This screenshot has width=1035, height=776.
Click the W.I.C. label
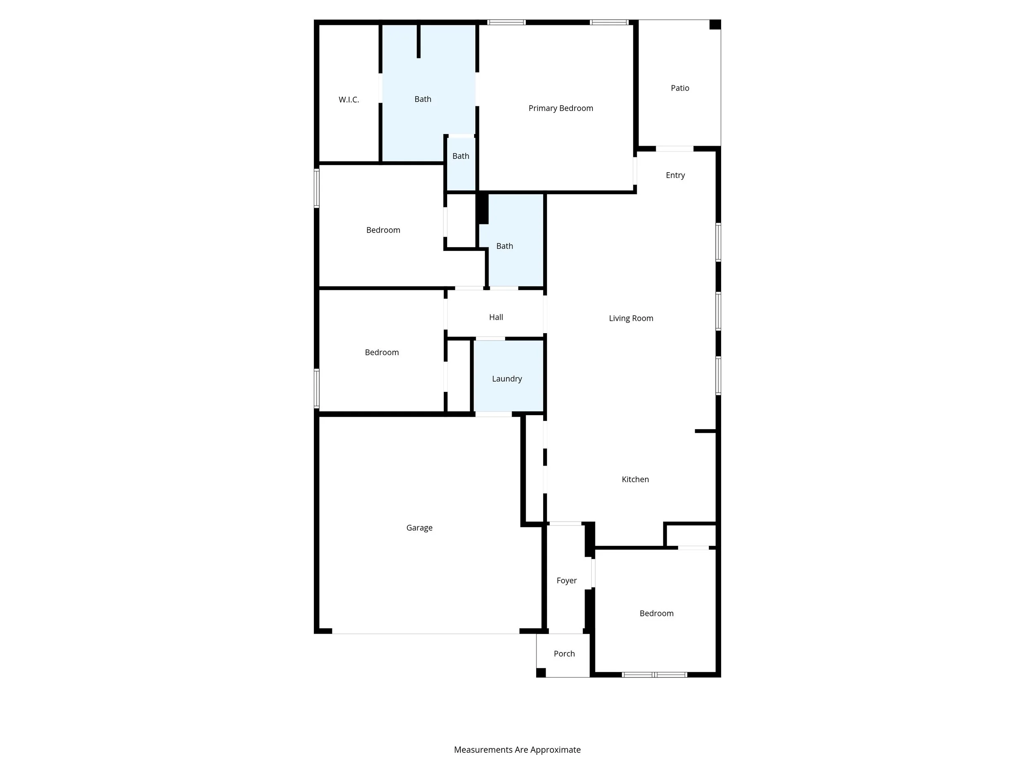click(349, 100)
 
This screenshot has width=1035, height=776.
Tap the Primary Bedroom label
click(561, 108)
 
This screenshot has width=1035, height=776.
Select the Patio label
click(679, 88)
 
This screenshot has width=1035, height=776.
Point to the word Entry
click(675, 175)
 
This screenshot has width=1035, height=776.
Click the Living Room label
click(631, 318)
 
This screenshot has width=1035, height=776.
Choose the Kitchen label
click(635, 479)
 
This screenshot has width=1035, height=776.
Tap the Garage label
click(419, 528)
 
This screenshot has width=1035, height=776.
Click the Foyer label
click(566, 581)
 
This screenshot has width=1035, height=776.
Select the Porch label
click(564, 653)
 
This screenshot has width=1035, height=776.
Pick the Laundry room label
click(507, 378)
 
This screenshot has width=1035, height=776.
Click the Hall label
click(496, 317)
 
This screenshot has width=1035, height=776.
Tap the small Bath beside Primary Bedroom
click(460, 156)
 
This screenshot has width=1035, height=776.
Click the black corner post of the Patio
click(715, 24)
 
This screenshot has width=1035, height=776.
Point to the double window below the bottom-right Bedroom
click(654, 675)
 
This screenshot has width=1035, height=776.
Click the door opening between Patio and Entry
click(674, 149)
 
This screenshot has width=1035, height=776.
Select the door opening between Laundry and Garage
click(493, 414)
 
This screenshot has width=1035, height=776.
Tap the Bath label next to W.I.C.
click(423, 99)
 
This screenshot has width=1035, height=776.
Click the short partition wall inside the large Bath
click(418, 41)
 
